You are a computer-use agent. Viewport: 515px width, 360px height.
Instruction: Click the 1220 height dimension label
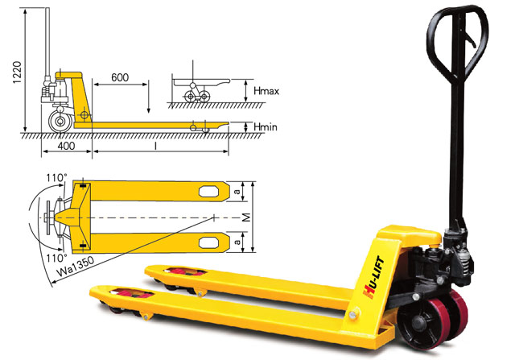pos(17,72)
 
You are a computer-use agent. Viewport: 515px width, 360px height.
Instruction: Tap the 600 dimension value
pos(120,77)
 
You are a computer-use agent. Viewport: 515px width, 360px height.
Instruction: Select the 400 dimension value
pos(66,146)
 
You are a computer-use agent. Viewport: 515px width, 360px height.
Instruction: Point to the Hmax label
pos(266,91)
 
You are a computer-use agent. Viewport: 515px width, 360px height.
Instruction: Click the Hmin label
pos(266,127)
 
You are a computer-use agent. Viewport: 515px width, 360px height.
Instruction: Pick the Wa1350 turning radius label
pos(75,267)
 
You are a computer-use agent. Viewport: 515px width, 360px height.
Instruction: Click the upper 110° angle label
pos(56,178)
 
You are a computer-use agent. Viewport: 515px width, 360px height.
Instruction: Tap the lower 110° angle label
pos(56,258)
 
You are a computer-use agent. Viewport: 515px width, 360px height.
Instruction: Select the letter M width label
pos(247,217)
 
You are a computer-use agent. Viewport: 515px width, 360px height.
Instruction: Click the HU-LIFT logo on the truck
pos(373,278)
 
